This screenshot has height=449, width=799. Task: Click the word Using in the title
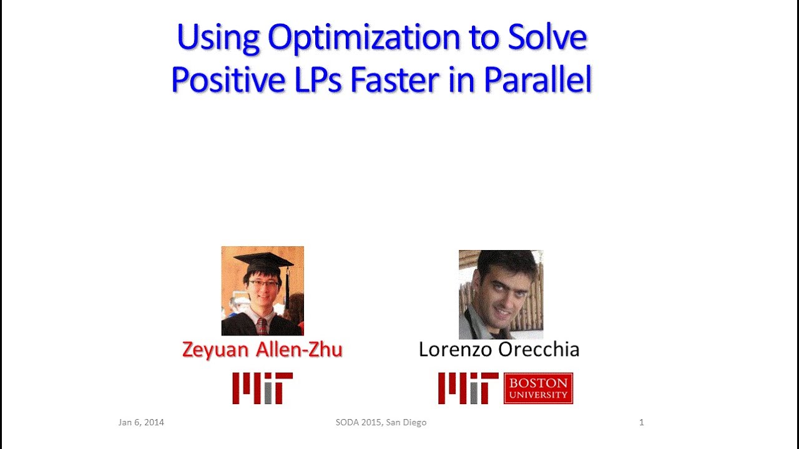point(218,39)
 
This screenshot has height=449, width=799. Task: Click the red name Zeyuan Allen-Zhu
point(262,350)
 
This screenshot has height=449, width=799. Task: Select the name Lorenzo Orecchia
point(499,350)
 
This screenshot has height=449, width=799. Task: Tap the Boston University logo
point(538,388)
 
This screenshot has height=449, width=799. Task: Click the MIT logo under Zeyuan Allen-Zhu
point(262,388)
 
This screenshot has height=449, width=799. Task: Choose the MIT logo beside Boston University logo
point(468,388)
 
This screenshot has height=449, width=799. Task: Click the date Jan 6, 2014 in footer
point(141,422)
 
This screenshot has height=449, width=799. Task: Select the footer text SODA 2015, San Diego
point(381,422)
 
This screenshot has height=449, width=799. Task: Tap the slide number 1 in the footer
point(641,422)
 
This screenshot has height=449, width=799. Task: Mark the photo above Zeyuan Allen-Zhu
point(262,291)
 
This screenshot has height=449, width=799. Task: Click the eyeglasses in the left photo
point(263,284)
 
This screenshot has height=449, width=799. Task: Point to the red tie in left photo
point(262,326)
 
